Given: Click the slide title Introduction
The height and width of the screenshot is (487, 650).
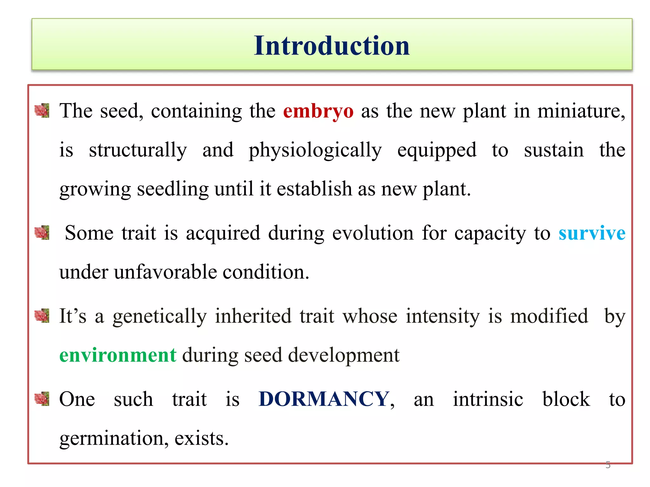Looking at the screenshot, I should [x=332, y=46].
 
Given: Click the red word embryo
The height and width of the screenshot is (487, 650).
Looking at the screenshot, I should [x=318, y=111].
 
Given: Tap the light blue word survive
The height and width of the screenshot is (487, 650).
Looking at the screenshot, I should [x=592, y=233].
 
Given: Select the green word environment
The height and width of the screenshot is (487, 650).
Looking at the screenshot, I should [x=118, y=355].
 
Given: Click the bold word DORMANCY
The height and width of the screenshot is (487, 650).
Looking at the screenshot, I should [x=324, y=399].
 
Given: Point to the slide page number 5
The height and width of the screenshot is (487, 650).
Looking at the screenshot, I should [x=608, y=465].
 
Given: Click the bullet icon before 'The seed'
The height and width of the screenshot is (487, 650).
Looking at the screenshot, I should [x=42, y=111].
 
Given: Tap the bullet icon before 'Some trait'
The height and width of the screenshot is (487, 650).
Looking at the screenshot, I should [x=42, y=233].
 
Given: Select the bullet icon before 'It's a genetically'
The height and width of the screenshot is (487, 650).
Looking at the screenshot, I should [x=42, y=316].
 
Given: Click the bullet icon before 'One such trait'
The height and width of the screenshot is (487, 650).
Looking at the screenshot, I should [x=42, y=399].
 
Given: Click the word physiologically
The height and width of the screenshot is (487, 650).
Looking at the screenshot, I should [x=315, y=150].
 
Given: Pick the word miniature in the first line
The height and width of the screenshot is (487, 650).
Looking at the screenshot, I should [x=581, y=111].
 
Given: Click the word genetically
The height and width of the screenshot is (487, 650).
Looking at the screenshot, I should [x=160, y=316].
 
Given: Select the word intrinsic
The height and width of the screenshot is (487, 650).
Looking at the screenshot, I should [x=488, y=399].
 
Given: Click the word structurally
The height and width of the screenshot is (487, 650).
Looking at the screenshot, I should [x=138, y=150].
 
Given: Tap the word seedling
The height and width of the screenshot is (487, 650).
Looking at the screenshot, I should [x=173, y=189].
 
